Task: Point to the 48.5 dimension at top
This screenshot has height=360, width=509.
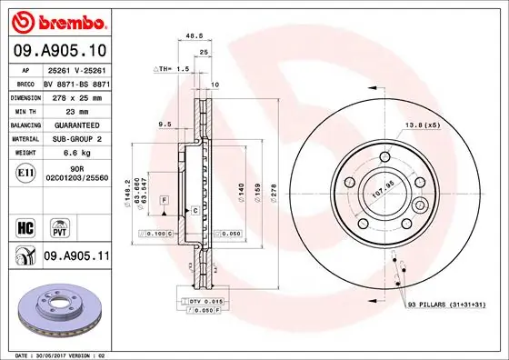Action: (x=193, y=36)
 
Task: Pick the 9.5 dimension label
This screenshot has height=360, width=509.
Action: (x=165, y=124)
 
